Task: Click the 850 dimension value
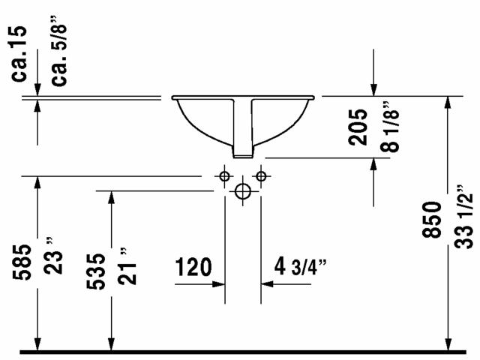click(x=432, y=220)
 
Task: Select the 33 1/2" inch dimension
click(x=463, y=217)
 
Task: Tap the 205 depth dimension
click(x=358, y=127)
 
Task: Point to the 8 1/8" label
click(x=390, y=127)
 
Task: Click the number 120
click(x=193, y=267)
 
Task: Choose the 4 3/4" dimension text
click(x=300, y=267)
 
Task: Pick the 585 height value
click(x=22, y=262)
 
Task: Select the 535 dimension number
click(x=95, y=271)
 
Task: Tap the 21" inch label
click(x=127, y=266)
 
